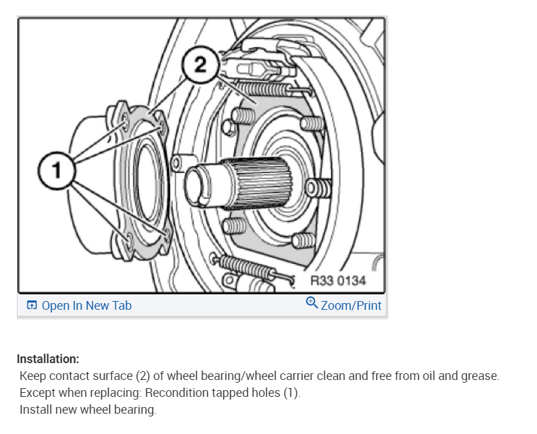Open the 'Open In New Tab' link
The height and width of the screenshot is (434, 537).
pos(86,306)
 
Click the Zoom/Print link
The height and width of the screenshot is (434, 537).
pos(351,306)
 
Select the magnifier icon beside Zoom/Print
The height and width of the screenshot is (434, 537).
pos(312,303)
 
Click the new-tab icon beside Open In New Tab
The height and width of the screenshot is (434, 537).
pos(32,306)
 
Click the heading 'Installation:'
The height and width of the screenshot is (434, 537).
pos(48,358)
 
